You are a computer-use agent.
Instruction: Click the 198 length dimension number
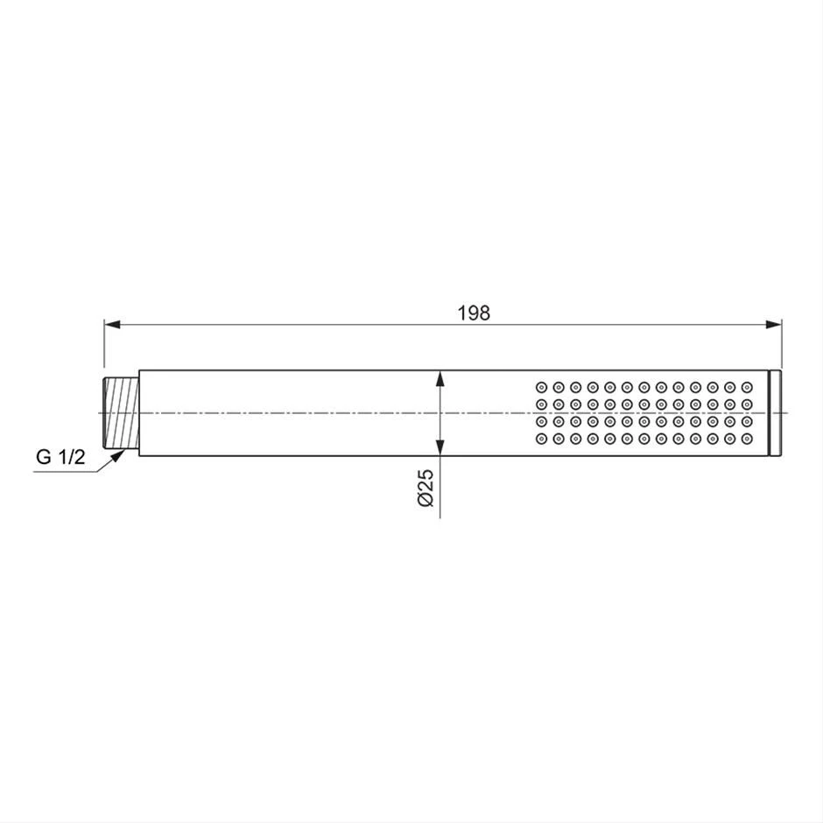474,313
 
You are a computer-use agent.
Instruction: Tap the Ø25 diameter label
426,488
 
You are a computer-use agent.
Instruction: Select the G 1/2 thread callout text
60,457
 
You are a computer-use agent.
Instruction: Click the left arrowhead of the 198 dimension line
112,325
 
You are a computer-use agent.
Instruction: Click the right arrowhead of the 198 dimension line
774,325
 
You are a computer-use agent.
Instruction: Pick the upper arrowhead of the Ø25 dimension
440,378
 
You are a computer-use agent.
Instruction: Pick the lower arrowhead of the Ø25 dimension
440,447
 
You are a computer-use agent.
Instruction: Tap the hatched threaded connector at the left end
121,413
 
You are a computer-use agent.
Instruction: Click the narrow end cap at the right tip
775,413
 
